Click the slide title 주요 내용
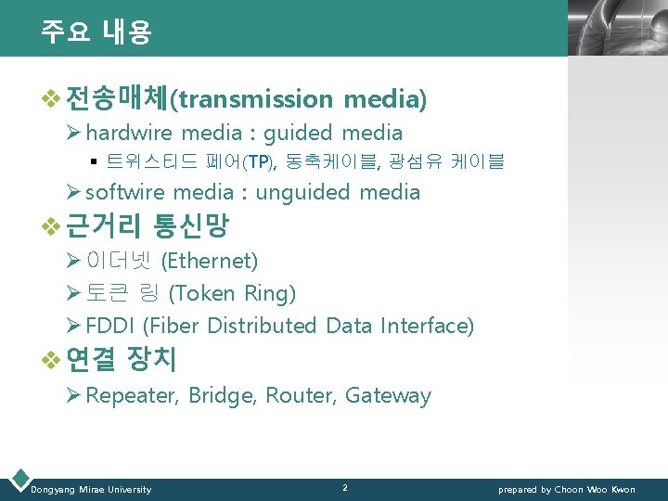pos(96,32)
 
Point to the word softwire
pos(125,192)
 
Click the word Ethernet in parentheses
pos(210,261)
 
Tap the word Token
pos(204,293)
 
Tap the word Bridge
pos(221,395)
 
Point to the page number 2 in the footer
pos(344,487)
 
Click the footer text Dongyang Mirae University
pos(91,489)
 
